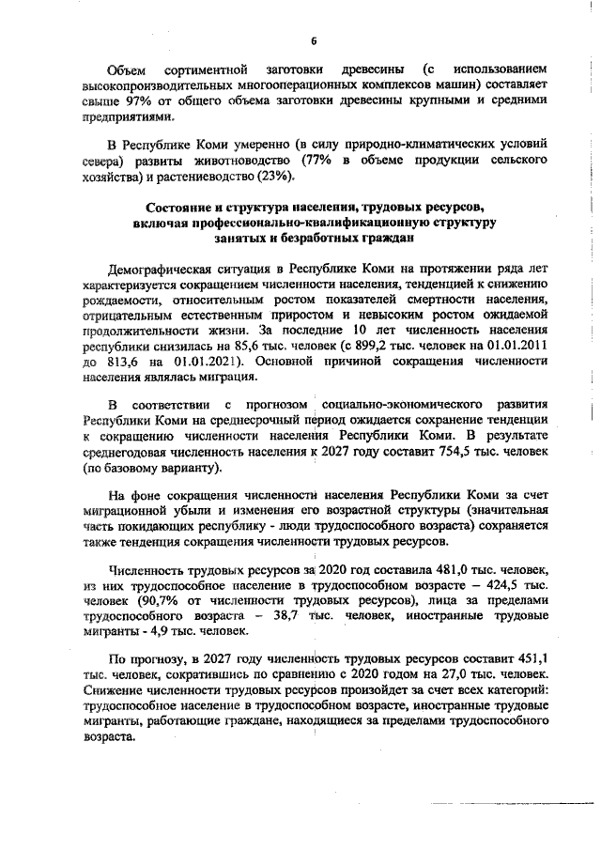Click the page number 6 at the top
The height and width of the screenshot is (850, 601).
(x=315, y=39)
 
